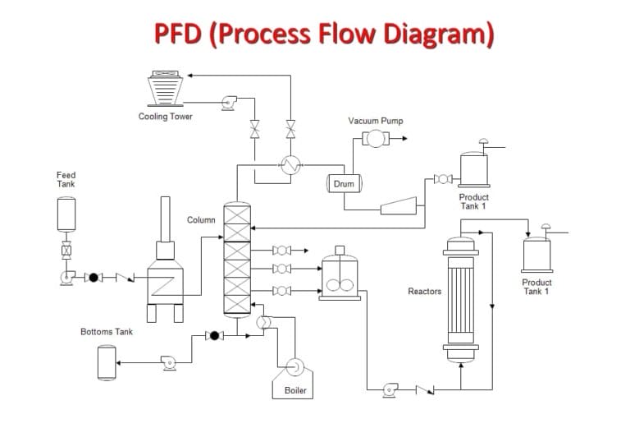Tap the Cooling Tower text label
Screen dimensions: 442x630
click(165, 117)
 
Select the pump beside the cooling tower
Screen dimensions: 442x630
click(227, 104)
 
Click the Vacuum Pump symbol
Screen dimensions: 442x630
click(375, 139)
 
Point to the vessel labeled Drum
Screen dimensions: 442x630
click(345, 183)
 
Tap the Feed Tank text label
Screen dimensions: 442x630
click(66, 179)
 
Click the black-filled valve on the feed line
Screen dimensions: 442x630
click(93, 278)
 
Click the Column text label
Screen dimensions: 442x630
click(201, 220)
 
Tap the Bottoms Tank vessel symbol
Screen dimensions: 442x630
click(107, 362)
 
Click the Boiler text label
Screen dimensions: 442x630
click(295, 390)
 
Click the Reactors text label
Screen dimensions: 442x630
click(424, 292)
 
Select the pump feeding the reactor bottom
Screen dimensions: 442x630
click(390, 389)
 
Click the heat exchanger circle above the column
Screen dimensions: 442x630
click(289, 165)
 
